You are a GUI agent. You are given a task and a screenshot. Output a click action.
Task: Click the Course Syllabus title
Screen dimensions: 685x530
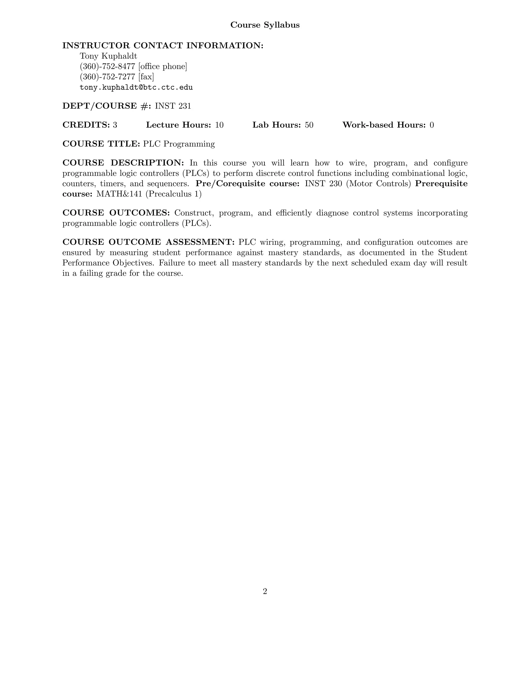[x=265, y=25]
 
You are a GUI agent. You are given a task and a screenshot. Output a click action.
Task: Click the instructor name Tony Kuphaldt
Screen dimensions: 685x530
[x=108, y=56]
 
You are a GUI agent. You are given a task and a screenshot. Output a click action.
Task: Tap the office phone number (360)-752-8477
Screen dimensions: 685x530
[x=107, y=66]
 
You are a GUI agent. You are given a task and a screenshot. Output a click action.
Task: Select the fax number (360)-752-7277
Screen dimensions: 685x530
[x=107, y=77]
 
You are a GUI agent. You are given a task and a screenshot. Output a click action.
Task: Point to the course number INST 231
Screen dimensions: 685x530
[x=173, y=106]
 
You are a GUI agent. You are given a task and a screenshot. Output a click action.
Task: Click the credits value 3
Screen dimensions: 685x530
[x=115, y=125]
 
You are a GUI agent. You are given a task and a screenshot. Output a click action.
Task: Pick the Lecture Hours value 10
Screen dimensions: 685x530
[x=219, y=125]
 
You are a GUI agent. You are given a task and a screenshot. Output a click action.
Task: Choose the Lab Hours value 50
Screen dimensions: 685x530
[x=309, y=125]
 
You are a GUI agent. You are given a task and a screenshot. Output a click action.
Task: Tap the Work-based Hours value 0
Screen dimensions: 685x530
[x=432, y=125]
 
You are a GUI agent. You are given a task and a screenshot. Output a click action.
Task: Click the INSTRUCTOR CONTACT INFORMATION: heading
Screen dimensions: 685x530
[x=163, y=45]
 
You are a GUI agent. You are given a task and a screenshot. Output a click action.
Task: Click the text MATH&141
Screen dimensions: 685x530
[x=119, y=194]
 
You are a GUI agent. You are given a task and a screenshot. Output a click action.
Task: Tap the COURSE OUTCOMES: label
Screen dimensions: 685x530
[x=116, y=213]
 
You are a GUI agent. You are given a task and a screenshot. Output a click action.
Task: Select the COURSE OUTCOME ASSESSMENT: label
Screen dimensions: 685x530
[x=148, y=242]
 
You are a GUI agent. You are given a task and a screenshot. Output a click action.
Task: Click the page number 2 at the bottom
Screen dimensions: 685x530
[x=265, y=591]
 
